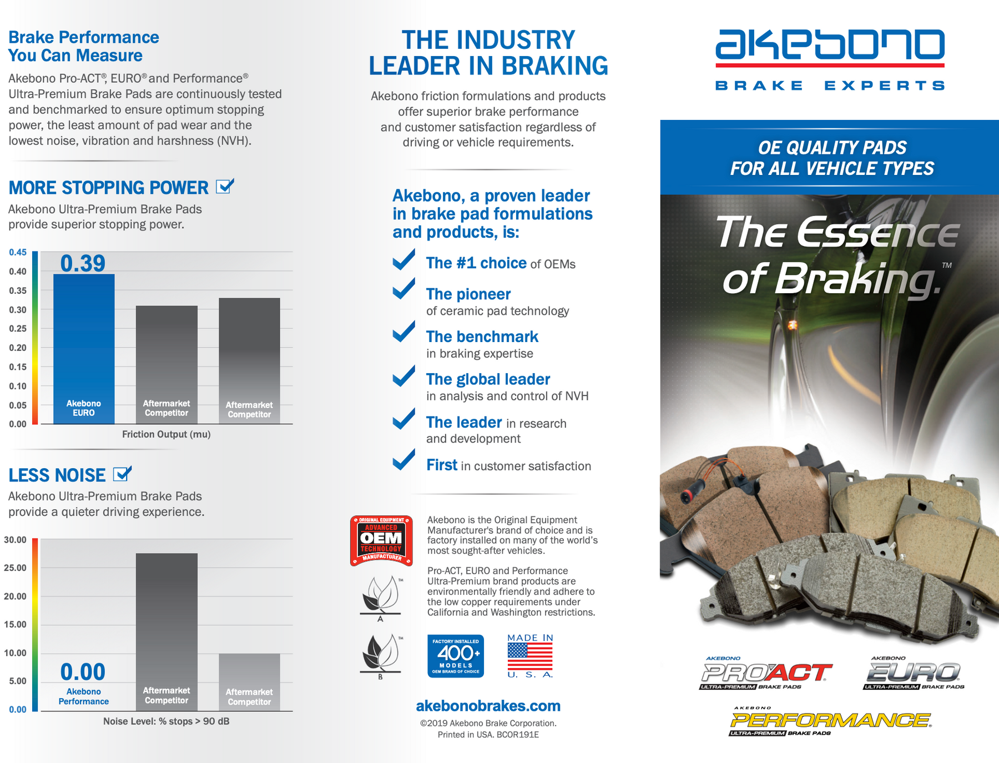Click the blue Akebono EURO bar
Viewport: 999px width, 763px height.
(84, 344)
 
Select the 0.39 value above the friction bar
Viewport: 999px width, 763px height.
(83, 263)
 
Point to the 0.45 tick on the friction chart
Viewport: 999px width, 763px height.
(18, 252)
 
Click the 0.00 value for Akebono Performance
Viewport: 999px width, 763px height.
(83, 672)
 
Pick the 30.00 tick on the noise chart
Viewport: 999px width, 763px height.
(16, 540)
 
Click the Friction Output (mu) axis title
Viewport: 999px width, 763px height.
(166, 434)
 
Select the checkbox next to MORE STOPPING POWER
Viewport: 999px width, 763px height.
(224, 187)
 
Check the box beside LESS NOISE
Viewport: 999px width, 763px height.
(122, 474)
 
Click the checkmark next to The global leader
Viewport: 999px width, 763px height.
(404, 376)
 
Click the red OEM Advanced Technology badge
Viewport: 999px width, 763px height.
(381, 540)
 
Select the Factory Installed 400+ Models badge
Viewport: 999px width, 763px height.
(456, 656)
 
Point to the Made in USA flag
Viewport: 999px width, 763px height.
(530, 656)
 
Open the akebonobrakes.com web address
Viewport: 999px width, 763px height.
(488, 706)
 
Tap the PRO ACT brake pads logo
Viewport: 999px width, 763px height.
(766, 673)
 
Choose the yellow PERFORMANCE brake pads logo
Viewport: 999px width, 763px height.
(830, 721)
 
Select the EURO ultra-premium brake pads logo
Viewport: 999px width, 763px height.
(913, 673)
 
